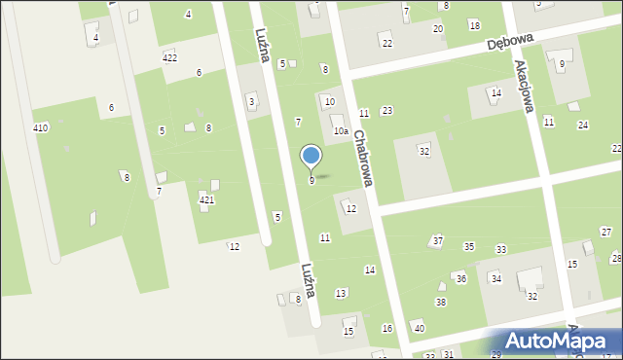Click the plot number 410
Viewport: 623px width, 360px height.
(40, 128)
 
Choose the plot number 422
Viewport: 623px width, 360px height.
(169, 57)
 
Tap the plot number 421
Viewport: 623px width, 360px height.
(206, 199)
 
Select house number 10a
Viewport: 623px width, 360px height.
(340, 130)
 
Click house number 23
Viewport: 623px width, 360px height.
(386, 111)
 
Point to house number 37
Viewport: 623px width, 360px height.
(438, 240)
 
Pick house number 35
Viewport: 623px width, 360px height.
(469, 247)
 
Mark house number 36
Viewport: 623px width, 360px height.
(461, 278)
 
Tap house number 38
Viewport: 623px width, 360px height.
(441, 302)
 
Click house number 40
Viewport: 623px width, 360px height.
(419, 328)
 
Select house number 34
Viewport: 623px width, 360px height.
(495, 279)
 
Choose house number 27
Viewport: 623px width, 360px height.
(605, 232)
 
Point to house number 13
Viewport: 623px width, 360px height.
(341, 293)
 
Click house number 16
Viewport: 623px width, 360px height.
(386, 328)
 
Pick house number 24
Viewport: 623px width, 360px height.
(582, 125)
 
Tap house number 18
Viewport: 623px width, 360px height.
(474, 25)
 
